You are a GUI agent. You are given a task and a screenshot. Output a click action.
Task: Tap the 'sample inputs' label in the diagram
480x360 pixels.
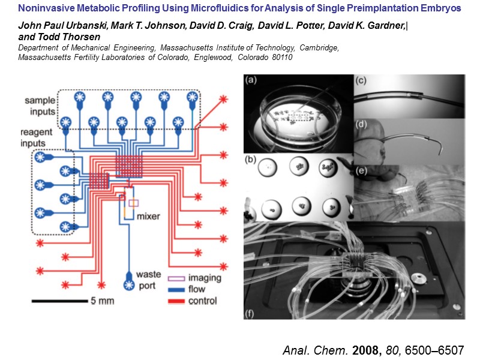[40, 105]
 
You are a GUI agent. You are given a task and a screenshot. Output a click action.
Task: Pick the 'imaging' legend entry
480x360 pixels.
[205, 278]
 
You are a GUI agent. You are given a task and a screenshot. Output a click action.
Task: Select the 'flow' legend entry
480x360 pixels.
[197, 289]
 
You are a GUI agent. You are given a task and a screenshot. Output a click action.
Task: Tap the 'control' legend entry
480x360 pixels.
[202, 301]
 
